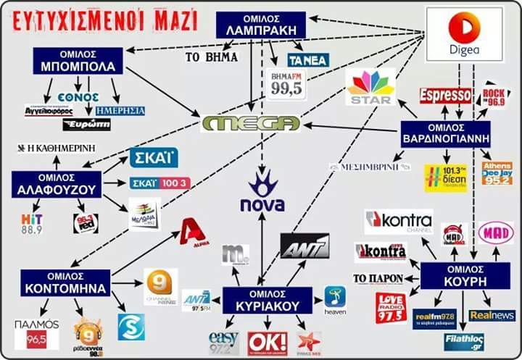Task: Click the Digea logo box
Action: tap(464, 34)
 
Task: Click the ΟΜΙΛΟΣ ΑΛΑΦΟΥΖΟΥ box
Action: tap(56, 185)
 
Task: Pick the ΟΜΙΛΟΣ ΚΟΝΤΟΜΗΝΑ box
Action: tap(65, 282)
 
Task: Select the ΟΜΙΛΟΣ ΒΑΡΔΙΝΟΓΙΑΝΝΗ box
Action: tap(445, 134)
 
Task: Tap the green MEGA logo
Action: tap(251, 124)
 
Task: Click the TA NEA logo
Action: tap(308, 60)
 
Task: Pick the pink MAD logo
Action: tap(496, 233)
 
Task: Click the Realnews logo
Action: tap(492, 315)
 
